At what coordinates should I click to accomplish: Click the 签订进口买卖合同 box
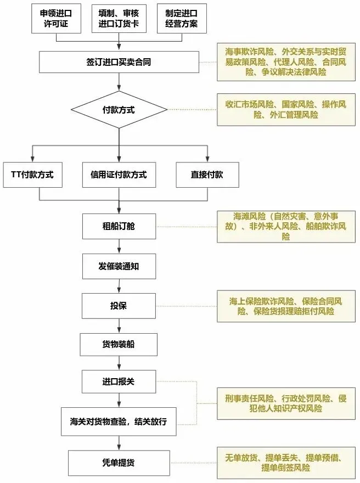tap(119, 62)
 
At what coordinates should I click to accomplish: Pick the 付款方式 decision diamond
tap(119, 110)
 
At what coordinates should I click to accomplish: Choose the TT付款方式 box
tap(32, 175)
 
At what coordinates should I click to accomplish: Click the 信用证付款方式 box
tap(119, 175)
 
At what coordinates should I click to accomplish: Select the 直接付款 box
tap(207, 175)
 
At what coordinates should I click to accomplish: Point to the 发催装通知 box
tap(119, 267)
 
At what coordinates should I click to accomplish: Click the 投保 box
tap(119, 306)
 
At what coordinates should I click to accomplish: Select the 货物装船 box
tap(119, 344)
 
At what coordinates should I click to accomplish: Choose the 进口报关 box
tap(119, 382)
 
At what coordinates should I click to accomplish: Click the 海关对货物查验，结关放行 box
tap(119, 422)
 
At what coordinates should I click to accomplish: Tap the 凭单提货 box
tap(119, 463)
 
